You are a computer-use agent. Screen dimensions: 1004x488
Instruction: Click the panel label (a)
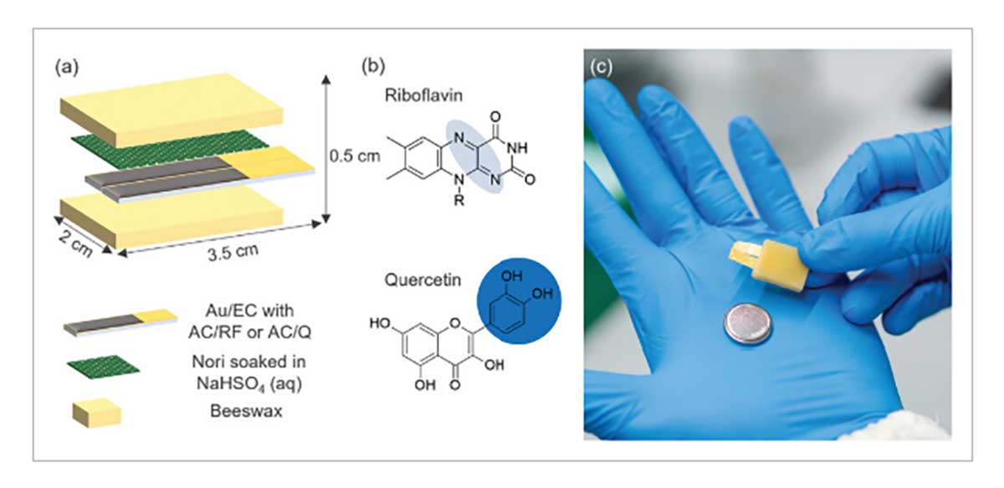66,68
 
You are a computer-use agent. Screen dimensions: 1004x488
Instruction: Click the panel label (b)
373,66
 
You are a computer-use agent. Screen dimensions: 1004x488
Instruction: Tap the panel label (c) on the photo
601,67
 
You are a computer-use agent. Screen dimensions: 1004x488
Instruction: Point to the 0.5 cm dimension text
355,156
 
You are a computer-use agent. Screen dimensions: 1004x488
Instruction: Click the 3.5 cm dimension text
233,252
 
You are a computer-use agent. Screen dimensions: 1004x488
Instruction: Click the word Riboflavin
423,95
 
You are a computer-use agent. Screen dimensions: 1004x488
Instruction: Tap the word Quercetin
423,280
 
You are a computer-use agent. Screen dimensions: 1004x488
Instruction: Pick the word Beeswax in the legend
246,411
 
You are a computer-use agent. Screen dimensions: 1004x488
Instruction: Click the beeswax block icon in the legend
97,413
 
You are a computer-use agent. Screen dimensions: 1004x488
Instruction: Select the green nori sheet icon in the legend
104,367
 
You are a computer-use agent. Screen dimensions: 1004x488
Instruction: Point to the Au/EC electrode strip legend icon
120,322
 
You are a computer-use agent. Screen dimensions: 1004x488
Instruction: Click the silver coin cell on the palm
748,324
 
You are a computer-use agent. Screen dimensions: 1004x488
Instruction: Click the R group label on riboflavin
458,200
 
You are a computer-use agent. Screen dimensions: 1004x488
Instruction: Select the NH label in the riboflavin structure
516,147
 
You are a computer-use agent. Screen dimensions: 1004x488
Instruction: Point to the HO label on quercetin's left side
381,323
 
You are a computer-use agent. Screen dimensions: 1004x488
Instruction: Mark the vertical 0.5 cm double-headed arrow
326,149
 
